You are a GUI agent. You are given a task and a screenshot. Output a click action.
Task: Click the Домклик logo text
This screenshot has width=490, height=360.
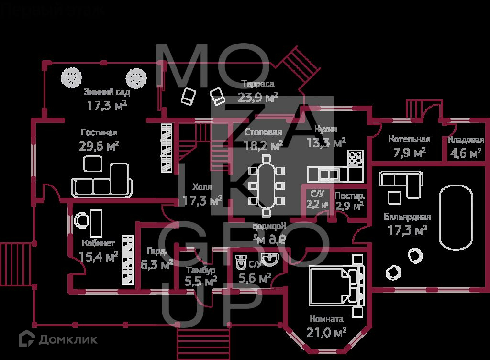coord(67,339)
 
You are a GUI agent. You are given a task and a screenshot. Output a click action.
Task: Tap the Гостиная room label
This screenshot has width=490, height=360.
coord(99,132)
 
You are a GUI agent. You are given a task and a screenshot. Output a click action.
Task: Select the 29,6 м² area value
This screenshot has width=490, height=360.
coord(99,146)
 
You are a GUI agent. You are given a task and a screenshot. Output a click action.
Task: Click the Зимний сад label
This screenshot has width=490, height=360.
coord(106,92)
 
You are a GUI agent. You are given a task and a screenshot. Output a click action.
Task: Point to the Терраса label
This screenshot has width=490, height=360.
coord(257,84)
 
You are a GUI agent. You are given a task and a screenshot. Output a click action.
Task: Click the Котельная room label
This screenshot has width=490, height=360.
coord(409,140)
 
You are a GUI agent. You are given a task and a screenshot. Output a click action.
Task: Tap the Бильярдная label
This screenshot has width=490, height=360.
coord(407,217)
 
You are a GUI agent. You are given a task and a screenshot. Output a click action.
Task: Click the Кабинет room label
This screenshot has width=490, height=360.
coord(98,242)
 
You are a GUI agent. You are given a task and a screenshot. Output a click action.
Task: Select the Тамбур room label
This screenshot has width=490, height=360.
coord(200,270)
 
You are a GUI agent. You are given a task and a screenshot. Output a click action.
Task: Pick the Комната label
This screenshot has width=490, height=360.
coord(326,319)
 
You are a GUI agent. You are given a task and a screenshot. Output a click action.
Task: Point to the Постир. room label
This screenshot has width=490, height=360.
coord(349,196)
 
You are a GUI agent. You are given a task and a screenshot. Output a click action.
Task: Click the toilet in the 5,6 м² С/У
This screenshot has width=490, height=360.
coord(241,262)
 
